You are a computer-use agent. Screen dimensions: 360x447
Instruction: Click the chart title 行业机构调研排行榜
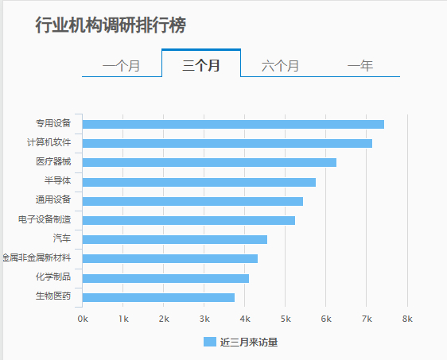tap(111, 25)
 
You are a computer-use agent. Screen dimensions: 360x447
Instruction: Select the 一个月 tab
tap(122, 65)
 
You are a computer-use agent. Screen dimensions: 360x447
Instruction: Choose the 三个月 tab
tap(201, 65)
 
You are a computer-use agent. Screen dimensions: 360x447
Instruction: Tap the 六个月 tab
tap(281, 65)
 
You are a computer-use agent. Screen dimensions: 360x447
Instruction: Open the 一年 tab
tap(360, 65)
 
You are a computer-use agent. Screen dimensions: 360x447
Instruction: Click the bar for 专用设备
tap(233, 124)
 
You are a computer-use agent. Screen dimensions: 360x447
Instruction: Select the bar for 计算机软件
tap(227, 143)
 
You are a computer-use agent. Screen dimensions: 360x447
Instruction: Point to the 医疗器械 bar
tap(209, 162)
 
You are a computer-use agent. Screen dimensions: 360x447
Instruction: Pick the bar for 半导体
tap(199, 182)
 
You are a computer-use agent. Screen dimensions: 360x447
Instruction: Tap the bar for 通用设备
tap(192, 201)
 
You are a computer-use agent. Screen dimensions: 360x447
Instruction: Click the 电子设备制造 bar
tap(189, 220)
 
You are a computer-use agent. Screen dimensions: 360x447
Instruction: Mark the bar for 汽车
tap(175, 239)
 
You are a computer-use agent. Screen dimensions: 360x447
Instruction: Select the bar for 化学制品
tap(165, 278)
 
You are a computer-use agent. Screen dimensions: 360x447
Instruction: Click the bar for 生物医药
tap(158, 297)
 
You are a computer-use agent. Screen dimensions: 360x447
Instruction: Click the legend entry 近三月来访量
tap(240, 342)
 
